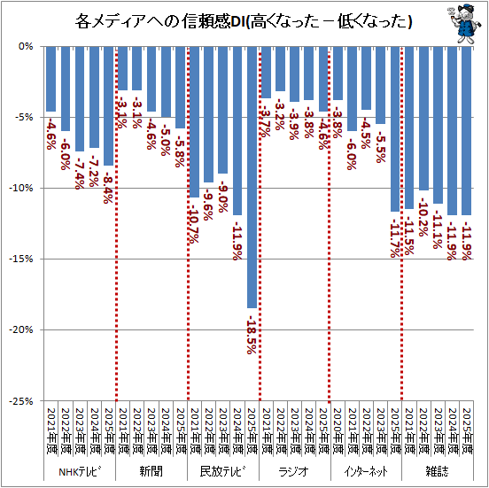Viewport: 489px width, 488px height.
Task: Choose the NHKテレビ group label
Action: (x=80, y=471)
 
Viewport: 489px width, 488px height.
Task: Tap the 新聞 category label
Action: (x=151, y=471)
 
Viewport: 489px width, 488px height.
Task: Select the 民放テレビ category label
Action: (x=222, y=471)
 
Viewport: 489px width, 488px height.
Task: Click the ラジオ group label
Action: (x=293, y=471)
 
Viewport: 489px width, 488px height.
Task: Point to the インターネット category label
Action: (x=364, y=471)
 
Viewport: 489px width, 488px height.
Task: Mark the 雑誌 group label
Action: (x=435, y=471)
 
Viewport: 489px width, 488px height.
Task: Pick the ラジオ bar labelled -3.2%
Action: (x=280, y=68)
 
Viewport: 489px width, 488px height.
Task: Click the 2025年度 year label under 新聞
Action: (x=180, y=429)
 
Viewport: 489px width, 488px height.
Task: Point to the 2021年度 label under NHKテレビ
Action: (x=51, y=429)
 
